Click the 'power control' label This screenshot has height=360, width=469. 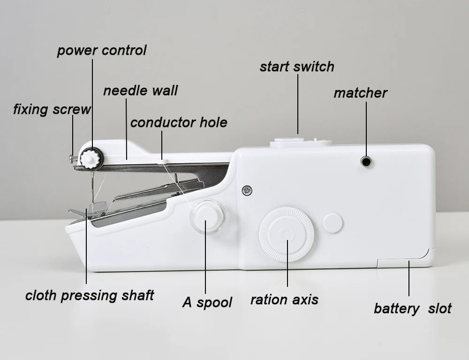tap(102, 51)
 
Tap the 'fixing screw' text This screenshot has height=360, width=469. tap(52, 110)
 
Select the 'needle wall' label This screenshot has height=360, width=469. tap(140, 90)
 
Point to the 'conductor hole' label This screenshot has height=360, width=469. tap(179, 123)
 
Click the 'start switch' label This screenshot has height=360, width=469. tap(297, 67)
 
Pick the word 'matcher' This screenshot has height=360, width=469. tap(360, 93)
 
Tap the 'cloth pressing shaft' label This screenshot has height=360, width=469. tap(90, 296)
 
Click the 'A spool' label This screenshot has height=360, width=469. tap(207, 302)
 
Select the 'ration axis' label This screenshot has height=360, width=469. tap(284, 300)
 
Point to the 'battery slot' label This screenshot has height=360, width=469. tap(412, 308)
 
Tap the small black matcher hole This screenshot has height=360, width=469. tap(366, 162)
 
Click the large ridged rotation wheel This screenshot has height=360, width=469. tap(286, 234)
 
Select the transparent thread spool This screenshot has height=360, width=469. tap(207, 216)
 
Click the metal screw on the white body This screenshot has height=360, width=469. tap(247, 190)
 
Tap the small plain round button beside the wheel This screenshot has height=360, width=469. tap(333, 223)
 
